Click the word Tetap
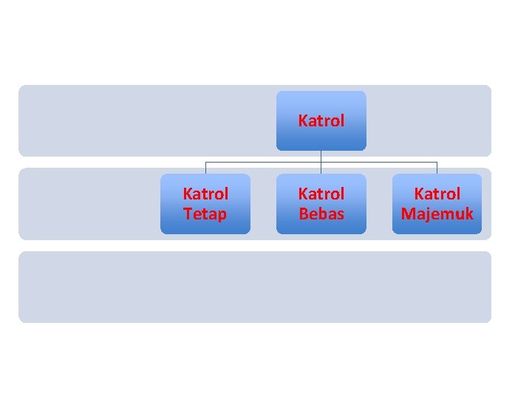pos(205,214)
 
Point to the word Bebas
pos(321,214)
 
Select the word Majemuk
pos(437,214)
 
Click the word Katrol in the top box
pos(321,120)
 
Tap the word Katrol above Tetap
pos(205,194)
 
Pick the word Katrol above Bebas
pos(321,194)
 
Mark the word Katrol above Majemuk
pos(437,194)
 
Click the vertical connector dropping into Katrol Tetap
pos(205,168)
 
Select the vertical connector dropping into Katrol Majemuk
pos(437,168)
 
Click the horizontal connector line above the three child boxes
pos(263,162)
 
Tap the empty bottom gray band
pos(254,287)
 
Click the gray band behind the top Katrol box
pos(148,120)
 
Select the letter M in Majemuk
pos(408,214)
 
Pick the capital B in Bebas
pos(303,214)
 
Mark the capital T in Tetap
pos(188,214)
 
